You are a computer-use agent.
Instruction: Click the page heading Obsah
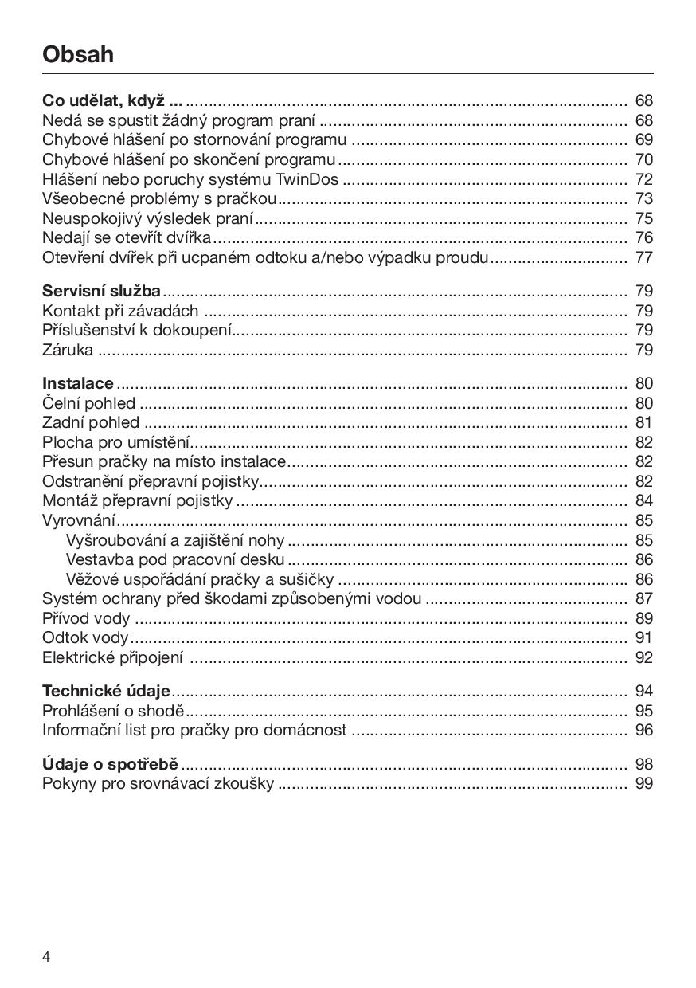[78, 54]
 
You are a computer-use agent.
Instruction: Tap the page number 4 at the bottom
[46, 957]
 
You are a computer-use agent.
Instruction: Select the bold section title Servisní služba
[101, 292]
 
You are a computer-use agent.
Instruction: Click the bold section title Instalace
[77, 383]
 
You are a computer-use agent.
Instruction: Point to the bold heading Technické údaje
[106, 691]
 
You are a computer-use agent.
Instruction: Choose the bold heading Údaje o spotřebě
[110, 764]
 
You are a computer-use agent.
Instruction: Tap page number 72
[643, 179]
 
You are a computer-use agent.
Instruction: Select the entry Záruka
[68, 350]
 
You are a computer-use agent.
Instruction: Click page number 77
[643, 257]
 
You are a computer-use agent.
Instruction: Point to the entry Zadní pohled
[90, 422]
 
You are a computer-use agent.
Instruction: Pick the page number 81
[643, 422]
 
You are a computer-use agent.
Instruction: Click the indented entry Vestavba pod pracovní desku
[174, 559]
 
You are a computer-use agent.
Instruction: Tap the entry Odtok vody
[84, 637]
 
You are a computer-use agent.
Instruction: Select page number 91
[643, 637]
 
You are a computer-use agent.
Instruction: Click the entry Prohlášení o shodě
[112, 711]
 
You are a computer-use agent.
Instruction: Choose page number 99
[643, 783]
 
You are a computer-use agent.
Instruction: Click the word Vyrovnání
[78, 521]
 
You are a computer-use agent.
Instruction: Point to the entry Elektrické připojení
[112, 657]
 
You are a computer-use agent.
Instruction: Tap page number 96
[643, 730]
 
